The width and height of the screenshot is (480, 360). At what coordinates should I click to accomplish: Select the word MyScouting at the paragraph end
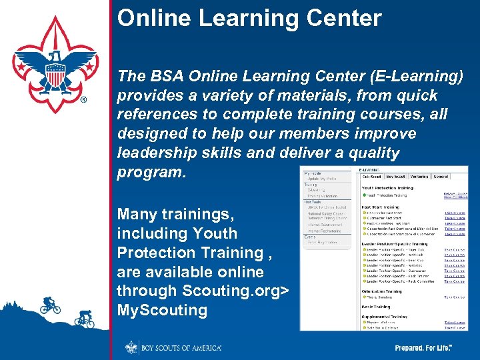162,310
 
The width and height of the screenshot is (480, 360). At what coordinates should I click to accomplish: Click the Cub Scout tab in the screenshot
372,177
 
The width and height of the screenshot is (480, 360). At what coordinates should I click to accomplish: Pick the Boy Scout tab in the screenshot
395,177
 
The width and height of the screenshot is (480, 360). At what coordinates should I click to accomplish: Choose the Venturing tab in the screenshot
419,177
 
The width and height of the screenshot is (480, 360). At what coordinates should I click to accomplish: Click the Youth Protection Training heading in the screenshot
387,188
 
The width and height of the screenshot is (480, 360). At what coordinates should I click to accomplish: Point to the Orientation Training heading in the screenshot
383,290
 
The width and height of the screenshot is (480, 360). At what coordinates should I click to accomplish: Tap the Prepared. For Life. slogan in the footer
423,348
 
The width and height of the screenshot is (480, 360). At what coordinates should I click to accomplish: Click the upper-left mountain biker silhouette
49,305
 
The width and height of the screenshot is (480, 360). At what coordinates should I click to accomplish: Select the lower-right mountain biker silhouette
84,319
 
